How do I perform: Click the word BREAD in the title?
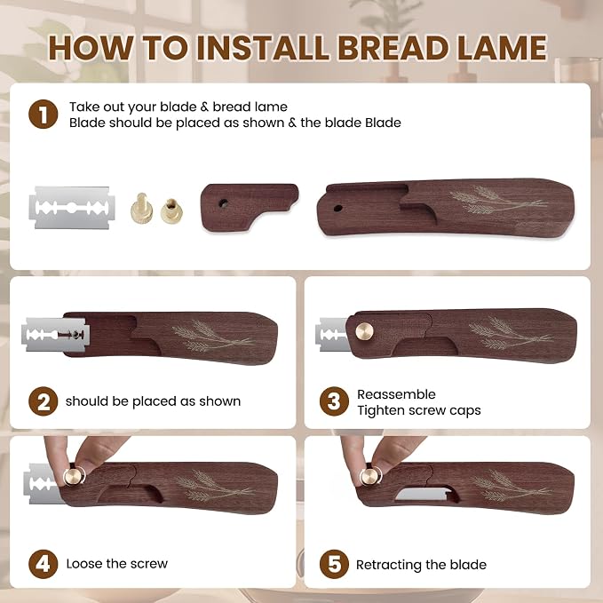pos(393,48)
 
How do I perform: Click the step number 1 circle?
pos(43,115)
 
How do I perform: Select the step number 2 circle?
pos(43,401)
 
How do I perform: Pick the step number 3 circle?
pos(334,401)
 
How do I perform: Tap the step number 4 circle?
pos(43,564)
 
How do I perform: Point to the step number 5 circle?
pos(334,564)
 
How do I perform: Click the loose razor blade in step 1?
pos(72,208)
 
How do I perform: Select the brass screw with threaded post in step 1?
pos(141,209)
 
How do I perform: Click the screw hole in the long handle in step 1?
pos(337,209)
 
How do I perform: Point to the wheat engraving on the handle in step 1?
pos(498,200)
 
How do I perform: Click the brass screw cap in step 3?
pos(364,331)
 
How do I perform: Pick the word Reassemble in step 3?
pos(396,394)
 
